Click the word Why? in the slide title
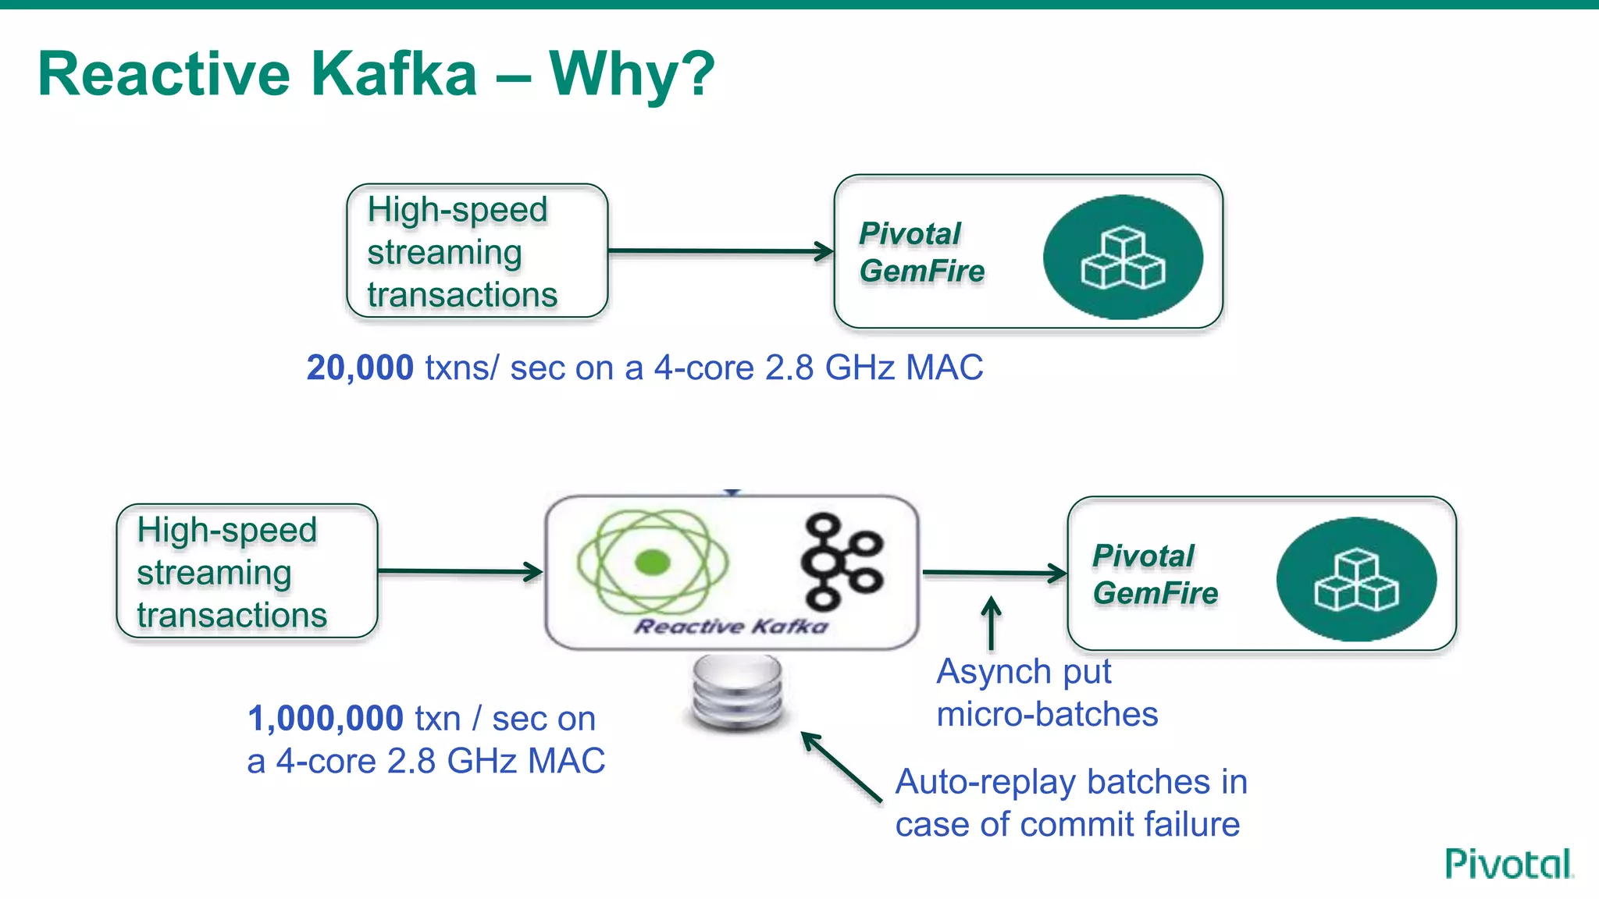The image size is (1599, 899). pos(632,74)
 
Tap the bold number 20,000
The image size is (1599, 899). pos(360,368)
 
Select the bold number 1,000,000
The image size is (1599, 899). pos(326,718)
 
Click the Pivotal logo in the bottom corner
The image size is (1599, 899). pos(1508,864)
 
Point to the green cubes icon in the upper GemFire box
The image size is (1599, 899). pos(1123,257)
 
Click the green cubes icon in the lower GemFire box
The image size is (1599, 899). pos(1356,579)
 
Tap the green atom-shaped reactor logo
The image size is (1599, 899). pos(653,562)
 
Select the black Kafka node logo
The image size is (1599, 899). pos(841,560)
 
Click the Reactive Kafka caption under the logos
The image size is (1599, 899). pos(731,626)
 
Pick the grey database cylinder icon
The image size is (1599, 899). pos(737,692)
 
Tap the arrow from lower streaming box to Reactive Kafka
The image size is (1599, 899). pos(461,572)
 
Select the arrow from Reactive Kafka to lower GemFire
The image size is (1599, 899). pos(994,574)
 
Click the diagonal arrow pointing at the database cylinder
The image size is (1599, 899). pos(841,766)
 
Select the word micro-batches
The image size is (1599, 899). pos(1047,714)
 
